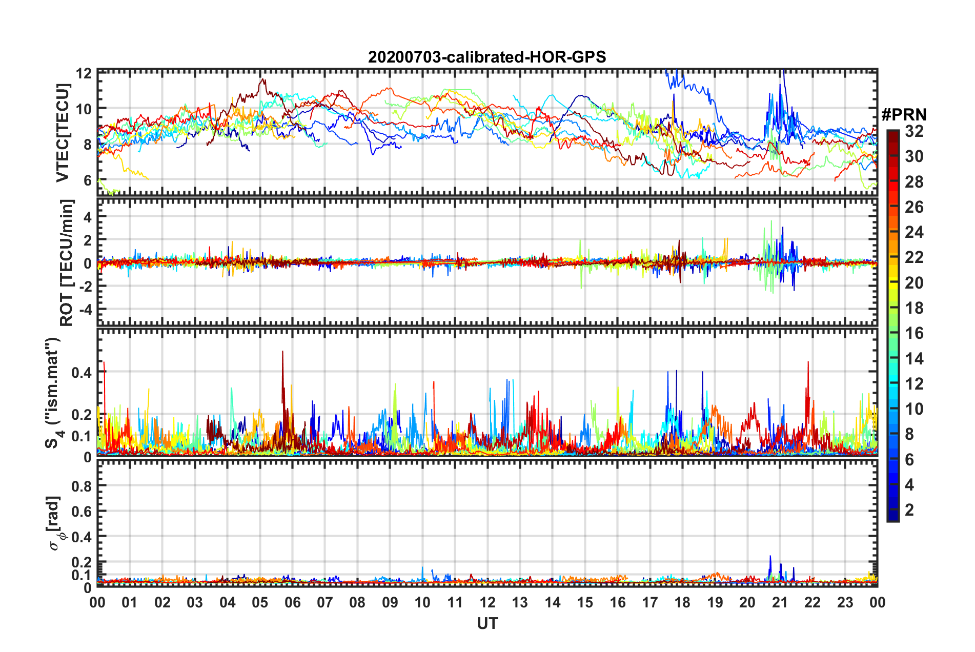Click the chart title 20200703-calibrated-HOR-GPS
tap(487, 57)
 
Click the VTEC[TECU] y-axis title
tap(63, 133)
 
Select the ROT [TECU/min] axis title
tap(67, 263)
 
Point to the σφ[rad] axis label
tap(54, 523)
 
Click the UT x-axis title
tap(487, 623)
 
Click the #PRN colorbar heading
tap(904, 115)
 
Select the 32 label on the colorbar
tap(914, 131)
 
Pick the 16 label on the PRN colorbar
tap(914, 333)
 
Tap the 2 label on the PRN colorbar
tap(909, 510)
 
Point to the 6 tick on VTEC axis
tap(88, 180)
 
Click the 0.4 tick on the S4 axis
tap(82, 373)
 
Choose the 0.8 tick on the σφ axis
tap(82, 486)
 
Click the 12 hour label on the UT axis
tap(488, 603)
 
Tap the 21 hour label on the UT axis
tap(780, 603)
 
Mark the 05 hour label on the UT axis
tap(260, 603)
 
